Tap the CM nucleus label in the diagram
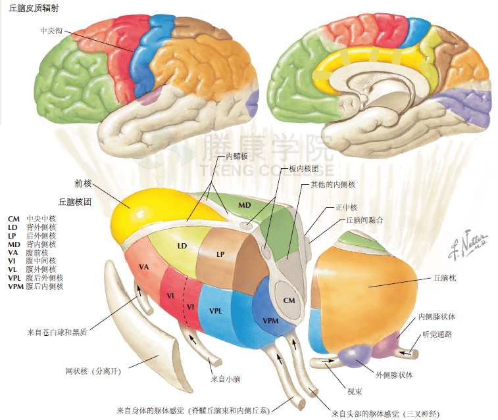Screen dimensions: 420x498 (289, 300)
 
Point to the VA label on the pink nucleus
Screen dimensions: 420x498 (146, 266)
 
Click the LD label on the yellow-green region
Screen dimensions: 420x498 (182, 245)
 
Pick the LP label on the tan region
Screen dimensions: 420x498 (221, 254)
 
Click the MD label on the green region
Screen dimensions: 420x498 (245, 205)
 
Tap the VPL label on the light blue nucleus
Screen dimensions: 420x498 (216, 310)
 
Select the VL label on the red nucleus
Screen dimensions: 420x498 (170, 296)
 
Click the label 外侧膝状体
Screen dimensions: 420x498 (394, 375)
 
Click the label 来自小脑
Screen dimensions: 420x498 (225, 379)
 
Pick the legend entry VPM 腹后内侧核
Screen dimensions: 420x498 (36, 287)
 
